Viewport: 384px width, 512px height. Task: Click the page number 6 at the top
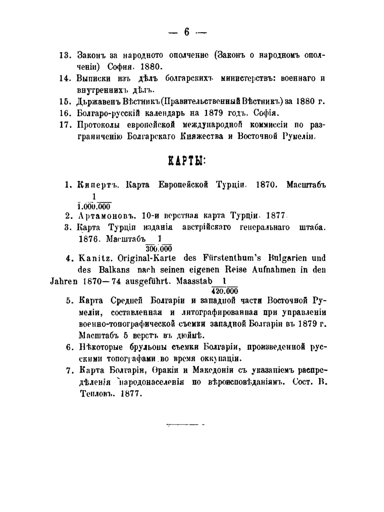point(187,32)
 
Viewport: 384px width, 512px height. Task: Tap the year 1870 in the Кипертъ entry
point(266,185)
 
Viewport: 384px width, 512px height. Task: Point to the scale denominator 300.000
point(159,249)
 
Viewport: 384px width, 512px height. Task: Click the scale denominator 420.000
point(225,291)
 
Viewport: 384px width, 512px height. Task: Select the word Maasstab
point(194,281)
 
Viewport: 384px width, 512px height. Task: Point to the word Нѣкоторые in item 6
point(101,347)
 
